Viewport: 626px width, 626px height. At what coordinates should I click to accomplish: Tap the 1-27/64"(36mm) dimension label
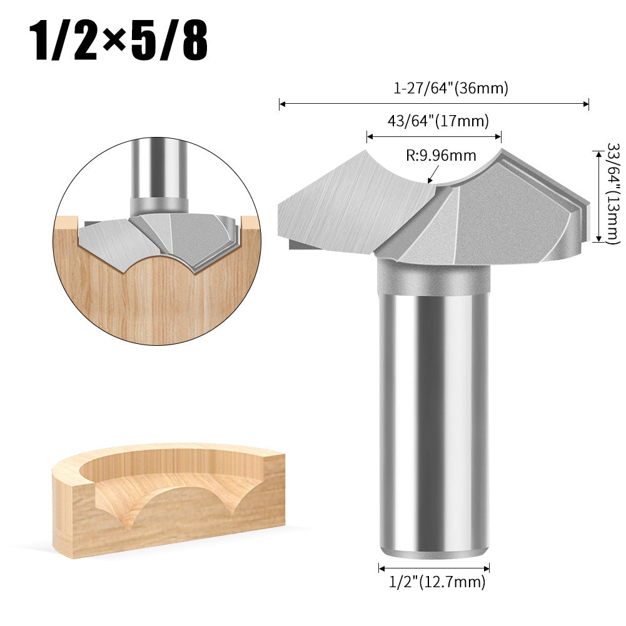(450, 89)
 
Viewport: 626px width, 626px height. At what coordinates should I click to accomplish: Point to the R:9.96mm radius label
(441, 155)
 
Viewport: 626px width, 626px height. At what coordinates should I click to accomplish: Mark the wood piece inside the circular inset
(156, 294)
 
